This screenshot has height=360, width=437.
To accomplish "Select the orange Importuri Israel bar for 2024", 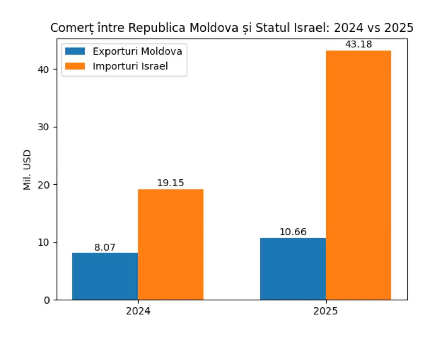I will click(x=171, y=244).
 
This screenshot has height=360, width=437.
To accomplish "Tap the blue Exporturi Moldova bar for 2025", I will click(x=293, y=269).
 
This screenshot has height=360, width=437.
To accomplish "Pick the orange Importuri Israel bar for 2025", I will click(x=358, y=175).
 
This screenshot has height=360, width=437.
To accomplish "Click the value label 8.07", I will click(x=105, y=247).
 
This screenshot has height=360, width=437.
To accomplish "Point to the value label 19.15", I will click(x=170, y=183).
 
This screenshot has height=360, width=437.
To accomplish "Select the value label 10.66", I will click(x=293, y=232).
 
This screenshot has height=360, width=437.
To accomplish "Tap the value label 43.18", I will click(x=358, y=44).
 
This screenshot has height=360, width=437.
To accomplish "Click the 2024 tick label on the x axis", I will click(x=138, y=311).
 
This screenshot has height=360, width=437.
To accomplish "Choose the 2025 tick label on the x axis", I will click(x=325, y=311).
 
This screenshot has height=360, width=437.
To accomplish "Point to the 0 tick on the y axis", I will click(x=47, y=300).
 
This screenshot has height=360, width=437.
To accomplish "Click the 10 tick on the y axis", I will click(x=43, y=243).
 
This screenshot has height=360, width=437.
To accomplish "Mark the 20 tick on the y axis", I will click(x=43, y=185).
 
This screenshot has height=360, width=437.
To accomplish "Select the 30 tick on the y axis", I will click(x=43, y=127).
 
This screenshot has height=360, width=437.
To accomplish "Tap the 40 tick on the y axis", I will click(x=43, y=70).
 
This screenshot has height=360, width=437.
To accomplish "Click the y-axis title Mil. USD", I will click(x=27, y=170).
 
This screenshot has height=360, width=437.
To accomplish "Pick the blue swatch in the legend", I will click(x=75, y=51).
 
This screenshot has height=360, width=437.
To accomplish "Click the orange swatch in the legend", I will click(x=75, y=66).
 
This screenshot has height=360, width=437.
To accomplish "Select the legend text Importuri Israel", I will click(x=130, y=66).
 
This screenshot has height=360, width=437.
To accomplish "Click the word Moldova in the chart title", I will click(x=214, y=28).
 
